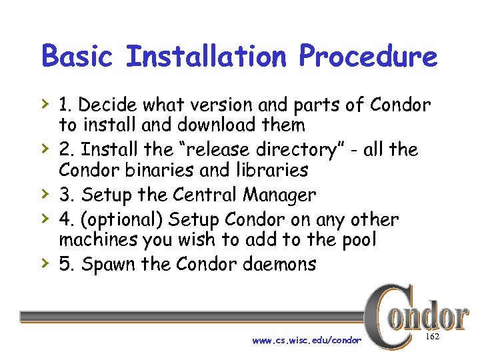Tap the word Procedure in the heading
click(368, 57)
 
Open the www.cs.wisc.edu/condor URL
click(307, 341)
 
